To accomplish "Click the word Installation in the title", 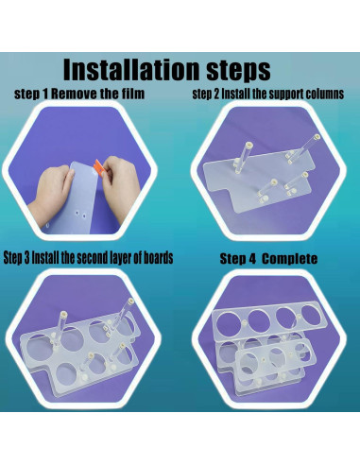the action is pyautogui.click(x=131, y=69).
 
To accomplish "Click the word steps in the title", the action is pyautogui.click(x=238, y=71).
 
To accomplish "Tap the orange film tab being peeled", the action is pyautogui.click(x=98, y=166).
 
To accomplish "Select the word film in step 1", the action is pyautogui.click(x=131, y=94).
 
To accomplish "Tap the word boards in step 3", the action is pyautogui.click(x=159, y=258).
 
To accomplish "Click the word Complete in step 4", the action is pyautogui.click(x=289, y=259).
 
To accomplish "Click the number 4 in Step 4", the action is pyautogui.click(x=252, y=259).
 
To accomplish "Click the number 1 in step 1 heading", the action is pyautogui.click(x=46, y=94).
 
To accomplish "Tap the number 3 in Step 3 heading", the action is pyautogui.click(x=27, y=258).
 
